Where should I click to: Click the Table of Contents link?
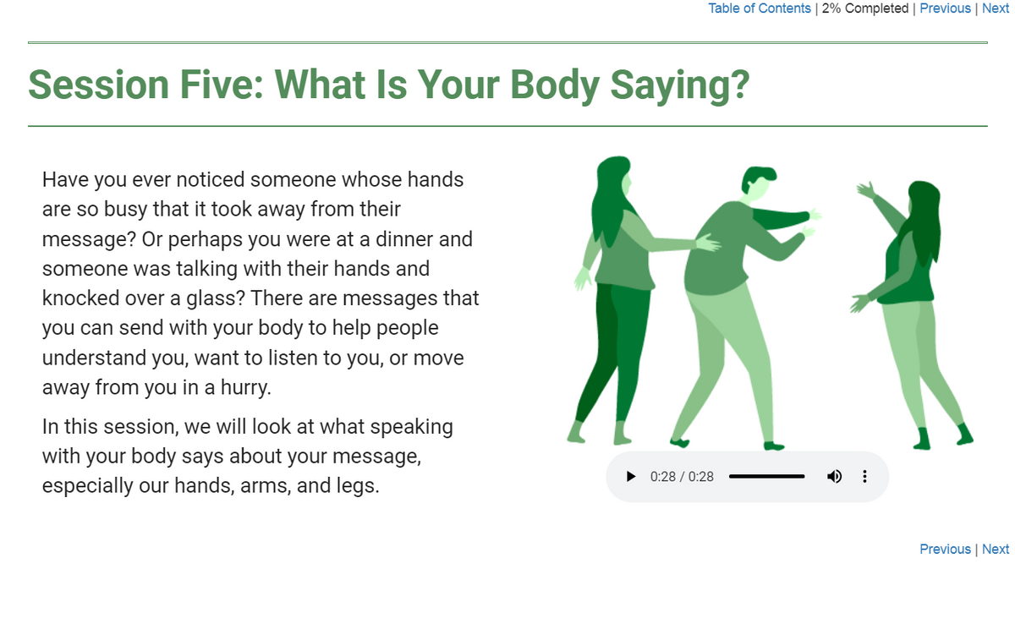759,8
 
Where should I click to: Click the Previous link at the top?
945,8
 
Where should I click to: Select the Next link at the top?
996,8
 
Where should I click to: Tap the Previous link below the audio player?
945,550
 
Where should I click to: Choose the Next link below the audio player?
996,550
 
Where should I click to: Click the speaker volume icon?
834,477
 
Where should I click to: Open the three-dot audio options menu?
864,477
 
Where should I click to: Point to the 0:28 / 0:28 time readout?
682,477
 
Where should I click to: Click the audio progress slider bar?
766,477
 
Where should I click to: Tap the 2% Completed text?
864,8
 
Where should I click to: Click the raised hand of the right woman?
865,190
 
